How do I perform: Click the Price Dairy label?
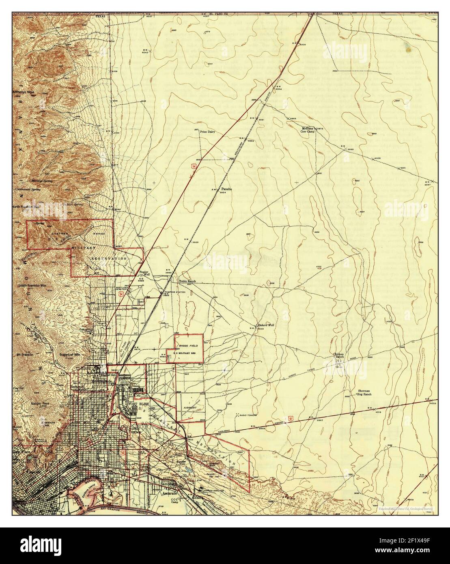point(207,132)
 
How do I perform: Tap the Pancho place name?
point(226,189)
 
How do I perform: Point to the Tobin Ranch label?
point(187,281)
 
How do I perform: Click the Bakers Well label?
point(266,325)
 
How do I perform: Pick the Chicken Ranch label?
point(339,356)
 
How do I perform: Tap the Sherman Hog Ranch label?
point(364,392)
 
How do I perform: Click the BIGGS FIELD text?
point(188,345)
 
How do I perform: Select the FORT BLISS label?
point(137,404)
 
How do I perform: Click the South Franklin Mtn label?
point(33,286)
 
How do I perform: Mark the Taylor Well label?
point(144,273)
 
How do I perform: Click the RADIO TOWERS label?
point(248,416)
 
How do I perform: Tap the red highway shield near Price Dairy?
point(194,166)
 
